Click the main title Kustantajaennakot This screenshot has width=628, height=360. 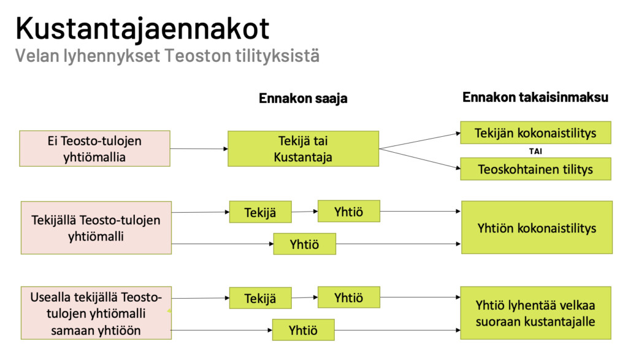click(142, 29)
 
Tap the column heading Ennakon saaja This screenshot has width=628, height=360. click(303, 98)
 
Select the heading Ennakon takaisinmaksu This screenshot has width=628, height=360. click(535, 97)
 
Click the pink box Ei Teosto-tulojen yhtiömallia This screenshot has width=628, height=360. click(95, 148)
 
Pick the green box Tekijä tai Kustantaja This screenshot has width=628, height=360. click(303, 148)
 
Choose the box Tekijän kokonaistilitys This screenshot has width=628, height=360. click(535, 132)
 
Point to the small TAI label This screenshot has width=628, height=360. click(535, 151)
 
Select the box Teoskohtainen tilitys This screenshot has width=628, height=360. click(535, 169)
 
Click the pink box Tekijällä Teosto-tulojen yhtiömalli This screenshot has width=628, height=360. click(96, 228)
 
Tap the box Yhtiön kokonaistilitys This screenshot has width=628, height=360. click(537, 228)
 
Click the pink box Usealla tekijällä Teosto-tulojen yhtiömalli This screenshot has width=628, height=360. click(96, 313)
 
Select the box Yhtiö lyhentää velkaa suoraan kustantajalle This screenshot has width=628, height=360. click(535, 313)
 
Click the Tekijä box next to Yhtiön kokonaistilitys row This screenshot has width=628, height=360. click(260, 212)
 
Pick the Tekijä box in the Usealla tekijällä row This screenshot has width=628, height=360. click(260, 298)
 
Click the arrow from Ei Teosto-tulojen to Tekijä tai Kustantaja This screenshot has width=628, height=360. click(199, 148)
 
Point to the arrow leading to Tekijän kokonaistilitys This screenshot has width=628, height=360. click(419, 141)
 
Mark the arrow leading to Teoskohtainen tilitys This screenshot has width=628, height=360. click(419, 159)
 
